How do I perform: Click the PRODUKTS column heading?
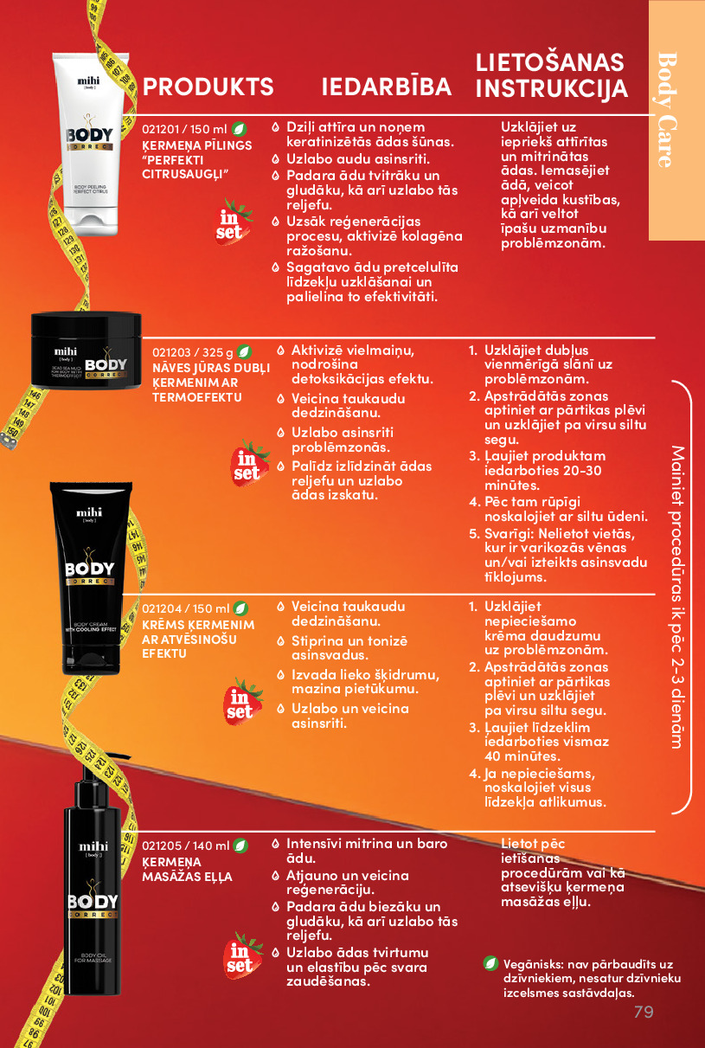click(208, 87)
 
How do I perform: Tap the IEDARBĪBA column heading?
click(386, 87)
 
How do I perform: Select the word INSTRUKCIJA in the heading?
click(551, 88)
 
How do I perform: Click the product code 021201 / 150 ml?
click(184, 129)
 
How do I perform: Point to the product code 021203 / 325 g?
click(193, 352)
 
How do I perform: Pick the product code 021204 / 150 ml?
click(186, 608)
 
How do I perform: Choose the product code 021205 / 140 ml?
click(186, 845)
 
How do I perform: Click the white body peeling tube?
click(90, 145)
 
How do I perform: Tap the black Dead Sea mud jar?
click(86, 350)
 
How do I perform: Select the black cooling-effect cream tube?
click(90, 577)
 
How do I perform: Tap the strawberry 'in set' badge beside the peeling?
click(233, 222)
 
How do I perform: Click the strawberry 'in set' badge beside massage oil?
click(241, 955)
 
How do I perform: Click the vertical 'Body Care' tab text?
click(667, 110)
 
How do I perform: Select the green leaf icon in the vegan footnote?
click(490, 963)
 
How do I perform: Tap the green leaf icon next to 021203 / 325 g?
click(244, 351)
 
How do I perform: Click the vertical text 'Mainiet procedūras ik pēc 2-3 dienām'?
click(677, 597)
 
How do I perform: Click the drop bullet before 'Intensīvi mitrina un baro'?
click(276, 844)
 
